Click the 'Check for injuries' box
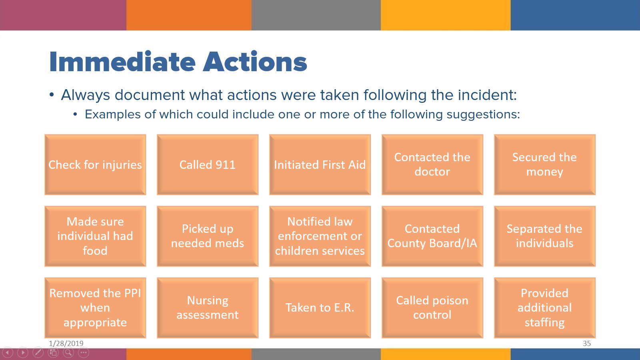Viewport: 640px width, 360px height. (95, 164)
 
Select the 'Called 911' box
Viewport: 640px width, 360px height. (208, 164)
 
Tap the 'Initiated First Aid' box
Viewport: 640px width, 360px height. (320, 164)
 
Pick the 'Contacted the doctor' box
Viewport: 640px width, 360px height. (432, 164)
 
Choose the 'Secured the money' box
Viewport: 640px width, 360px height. (544, 164)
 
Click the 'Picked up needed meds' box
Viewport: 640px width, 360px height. (208, 236)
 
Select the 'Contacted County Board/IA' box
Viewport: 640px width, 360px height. (432, 236)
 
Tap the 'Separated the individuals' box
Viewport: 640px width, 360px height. (544, 236)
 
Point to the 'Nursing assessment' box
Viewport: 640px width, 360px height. (208, 308)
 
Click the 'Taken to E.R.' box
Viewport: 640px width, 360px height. (320, 308)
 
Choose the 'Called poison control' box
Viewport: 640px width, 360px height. (432, 308)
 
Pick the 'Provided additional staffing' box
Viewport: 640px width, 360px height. (544, 308)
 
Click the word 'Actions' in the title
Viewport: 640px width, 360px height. (255, 62)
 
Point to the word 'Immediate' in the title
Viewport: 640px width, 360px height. (122, 62)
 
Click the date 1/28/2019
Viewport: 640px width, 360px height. (66, 344)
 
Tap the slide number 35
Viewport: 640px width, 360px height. (587, 344)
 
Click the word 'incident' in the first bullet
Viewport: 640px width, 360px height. (488, 95)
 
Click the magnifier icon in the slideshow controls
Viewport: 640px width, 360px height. (68, 352)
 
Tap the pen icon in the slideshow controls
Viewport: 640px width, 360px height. (38, 352)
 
